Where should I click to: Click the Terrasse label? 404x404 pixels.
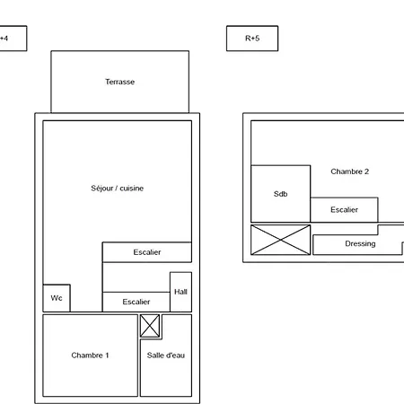[x=119, y=82]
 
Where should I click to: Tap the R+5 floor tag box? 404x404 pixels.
[x=252, y=39]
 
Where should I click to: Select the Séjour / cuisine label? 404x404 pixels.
[x=118, y=189]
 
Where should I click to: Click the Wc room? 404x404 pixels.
[x=57, y=298]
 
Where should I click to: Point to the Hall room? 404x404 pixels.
[x=180, y=292]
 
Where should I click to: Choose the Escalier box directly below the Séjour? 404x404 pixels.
[x=147, y=252]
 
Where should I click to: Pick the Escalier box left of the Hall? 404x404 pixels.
[x=136, y=302]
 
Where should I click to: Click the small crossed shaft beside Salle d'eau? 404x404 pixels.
[x=150, y=326]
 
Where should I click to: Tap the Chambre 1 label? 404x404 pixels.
[x=90, y=356]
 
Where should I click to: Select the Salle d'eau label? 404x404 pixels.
[x=166, y=356]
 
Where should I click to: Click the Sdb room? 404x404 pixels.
[x=280, y=194]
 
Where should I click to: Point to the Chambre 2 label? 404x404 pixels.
[x=349, y=171]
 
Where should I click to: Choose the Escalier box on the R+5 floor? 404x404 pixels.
[x=344, y=210]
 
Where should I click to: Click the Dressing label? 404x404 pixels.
[x=360, y=243]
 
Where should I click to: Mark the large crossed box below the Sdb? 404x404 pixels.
[x=280, y=240]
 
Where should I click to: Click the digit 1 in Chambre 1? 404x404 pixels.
[x=107, y=356]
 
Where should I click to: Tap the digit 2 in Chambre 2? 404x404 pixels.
[x=366, y=171]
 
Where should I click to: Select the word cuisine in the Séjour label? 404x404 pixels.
[x=132, y=189]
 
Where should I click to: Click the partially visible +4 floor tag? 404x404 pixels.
[x=13, y=39]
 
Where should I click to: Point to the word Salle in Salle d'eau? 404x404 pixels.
[x=154, y=356]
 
